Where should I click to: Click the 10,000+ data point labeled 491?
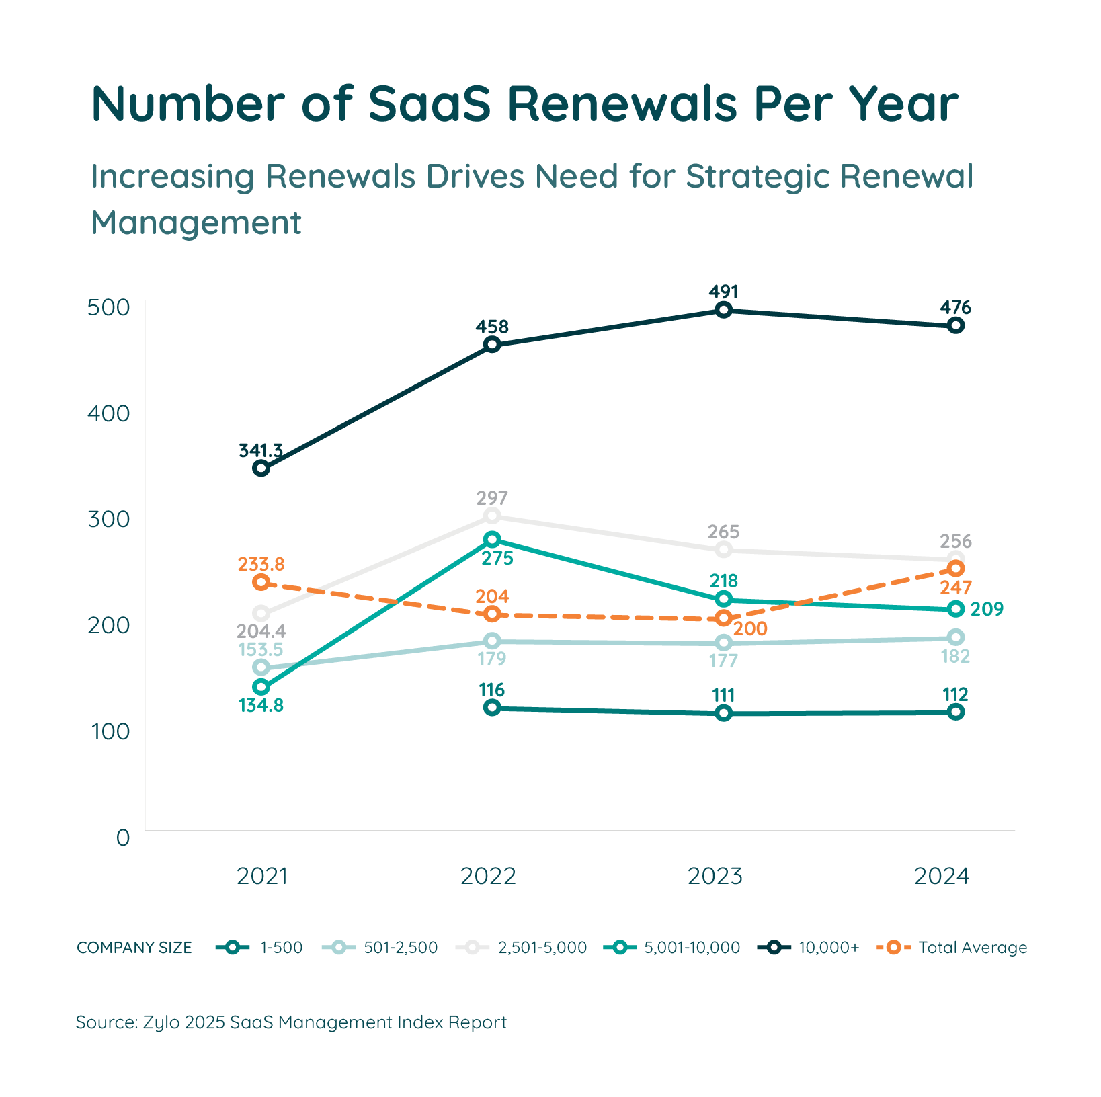723,310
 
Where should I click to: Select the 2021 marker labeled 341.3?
261,468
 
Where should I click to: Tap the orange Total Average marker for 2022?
492,614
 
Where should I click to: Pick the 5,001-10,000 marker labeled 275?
492,539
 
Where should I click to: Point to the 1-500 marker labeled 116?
492,707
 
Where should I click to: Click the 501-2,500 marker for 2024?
955,637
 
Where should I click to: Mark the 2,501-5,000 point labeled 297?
492,516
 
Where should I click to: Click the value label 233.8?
261,564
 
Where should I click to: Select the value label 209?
986,609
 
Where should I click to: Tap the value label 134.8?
261,705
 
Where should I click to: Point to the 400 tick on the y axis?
109,413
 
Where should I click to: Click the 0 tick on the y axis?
122,838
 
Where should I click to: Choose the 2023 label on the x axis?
715,876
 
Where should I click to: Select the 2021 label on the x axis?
261,876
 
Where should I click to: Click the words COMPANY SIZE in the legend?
134,948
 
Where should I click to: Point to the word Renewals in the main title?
622,104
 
